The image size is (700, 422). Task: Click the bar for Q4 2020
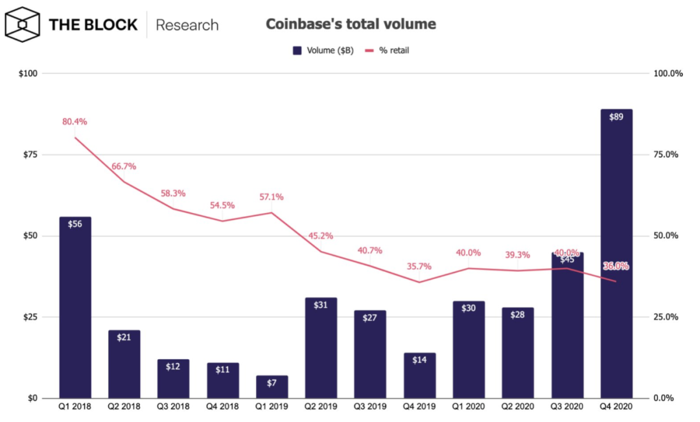[x=616, y=259]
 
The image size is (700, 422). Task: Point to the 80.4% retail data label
[x=75, y=122]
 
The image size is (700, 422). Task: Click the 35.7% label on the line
[x=419, y=266]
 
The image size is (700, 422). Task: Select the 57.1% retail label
[x=271, y=197]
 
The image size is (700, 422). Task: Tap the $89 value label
[x=616, y=117]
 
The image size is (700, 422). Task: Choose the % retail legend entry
[x=387, y=50]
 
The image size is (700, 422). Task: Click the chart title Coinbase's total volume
[x=351, y=25]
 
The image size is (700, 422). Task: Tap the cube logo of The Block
[x=23, y=25]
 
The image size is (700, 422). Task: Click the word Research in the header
[x=187, y=25]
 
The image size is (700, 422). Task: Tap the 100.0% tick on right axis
[x=668, y=74]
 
